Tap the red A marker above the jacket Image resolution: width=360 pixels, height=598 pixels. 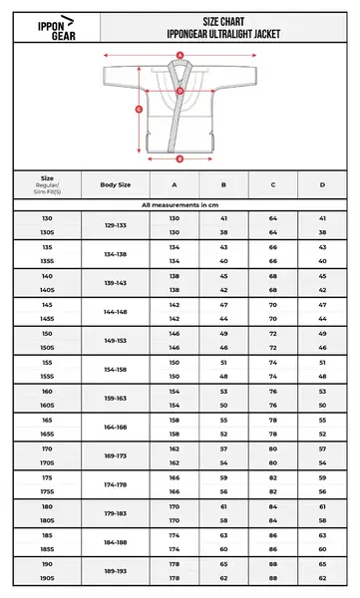(x=180, y=56)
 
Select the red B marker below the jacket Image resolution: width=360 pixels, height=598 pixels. (x=180, y=157)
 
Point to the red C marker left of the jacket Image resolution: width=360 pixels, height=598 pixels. (x=140, y=110)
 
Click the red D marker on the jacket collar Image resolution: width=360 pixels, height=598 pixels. (x=180, y=93)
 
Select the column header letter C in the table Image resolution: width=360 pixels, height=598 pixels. (x=273, y=185)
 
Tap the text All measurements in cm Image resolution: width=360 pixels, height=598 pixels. (x=180, y=203)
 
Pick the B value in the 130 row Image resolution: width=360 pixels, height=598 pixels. (x=224, y=217)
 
